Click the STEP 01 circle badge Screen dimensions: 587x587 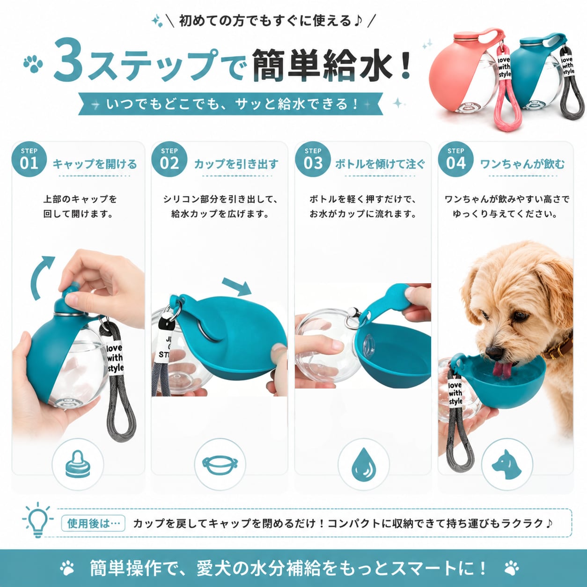(29, 159)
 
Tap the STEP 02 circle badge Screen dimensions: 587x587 (169, 159)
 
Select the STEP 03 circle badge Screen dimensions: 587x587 (313, 159)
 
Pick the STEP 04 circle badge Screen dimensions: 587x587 (456, 159)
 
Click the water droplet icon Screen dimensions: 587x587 (364, 464)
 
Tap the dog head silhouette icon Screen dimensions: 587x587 (506, 464)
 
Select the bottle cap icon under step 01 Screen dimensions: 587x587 (78, 464)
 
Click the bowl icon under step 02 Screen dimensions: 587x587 (220, 465)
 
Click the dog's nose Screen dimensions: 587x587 (494, 352)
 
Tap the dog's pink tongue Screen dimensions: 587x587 (505, 369)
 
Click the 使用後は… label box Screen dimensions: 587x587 (93, 523)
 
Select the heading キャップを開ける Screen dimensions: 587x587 (95, 164)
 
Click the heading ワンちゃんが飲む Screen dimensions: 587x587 (522, 164)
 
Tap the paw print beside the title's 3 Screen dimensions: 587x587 (33, 63)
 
